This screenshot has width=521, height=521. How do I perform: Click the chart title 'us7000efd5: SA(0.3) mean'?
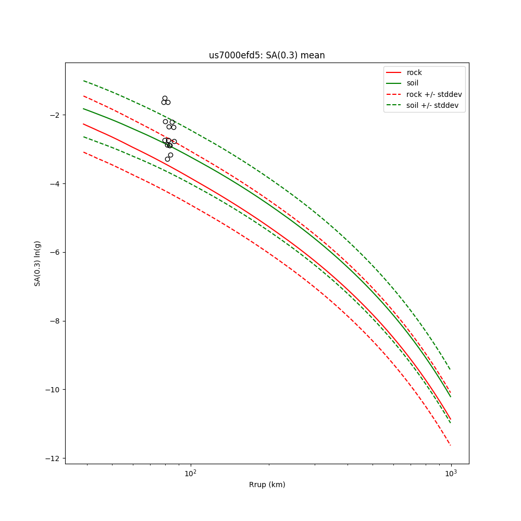point(267,55)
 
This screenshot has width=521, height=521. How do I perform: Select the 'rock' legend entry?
point(414,72)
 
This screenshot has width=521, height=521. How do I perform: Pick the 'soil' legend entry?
point(412,83)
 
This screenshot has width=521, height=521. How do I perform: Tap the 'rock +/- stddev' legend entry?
point(434,94)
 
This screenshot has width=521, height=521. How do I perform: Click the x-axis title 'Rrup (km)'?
point(267,485)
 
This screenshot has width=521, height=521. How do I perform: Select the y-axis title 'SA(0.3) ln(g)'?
point(38,263)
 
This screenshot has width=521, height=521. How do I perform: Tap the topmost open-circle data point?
point(165,98)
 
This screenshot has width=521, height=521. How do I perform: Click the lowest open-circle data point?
point(167,159)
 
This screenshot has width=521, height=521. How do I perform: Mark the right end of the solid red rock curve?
point(451,419)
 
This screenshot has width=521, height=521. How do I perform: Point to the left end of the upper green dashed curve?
point(83,81)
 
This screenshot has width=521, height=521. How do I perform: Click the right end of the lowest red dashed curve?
point(451,445)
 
